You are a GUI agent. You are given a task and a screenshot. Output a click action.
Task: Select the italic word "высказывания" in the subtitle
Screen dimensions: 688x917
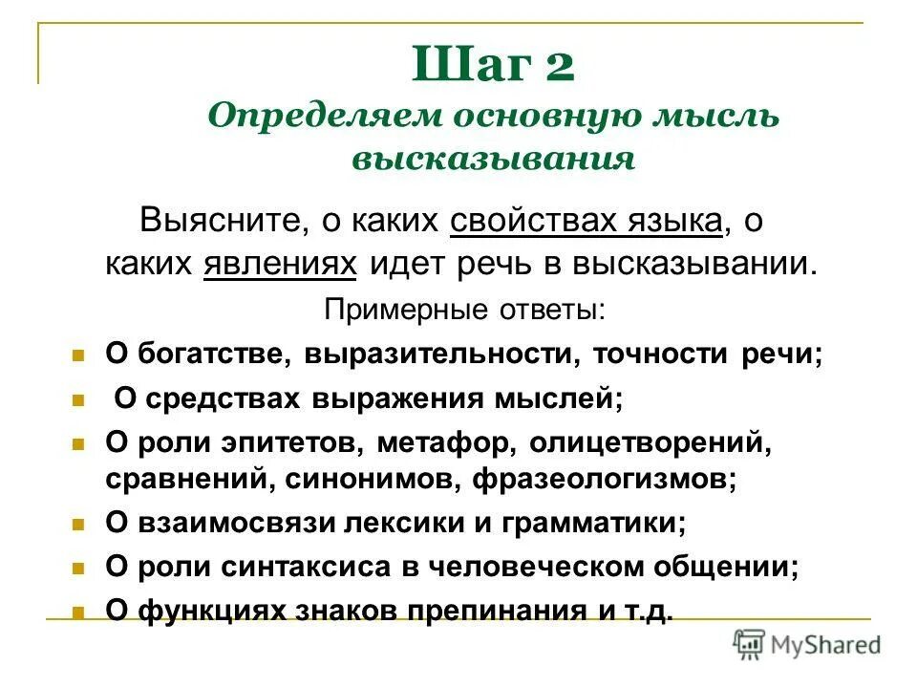coord(494,158)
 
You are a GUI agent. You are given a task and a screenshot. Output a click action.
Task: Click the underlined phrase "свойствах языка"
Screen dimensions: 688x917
coord(586,222)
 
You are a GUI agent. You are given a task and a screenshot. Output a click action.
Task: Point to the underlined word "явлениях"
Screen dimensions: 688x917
coord(280,263)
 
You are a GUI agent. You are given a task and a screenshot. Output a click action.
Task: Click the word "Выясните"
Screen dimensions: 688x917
coord(219,222)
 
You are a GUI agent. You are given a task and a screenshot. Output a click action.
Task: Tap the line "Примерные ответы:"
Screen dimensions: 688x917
coord(464,309)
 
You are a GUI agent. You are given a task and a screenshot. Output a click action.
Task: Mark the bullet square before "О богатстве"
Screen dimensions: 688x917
coord(79,355)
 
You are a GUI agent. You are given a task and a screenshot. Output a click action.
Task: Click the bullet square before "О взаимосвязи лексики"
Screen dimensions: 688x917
coord(79,524)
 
